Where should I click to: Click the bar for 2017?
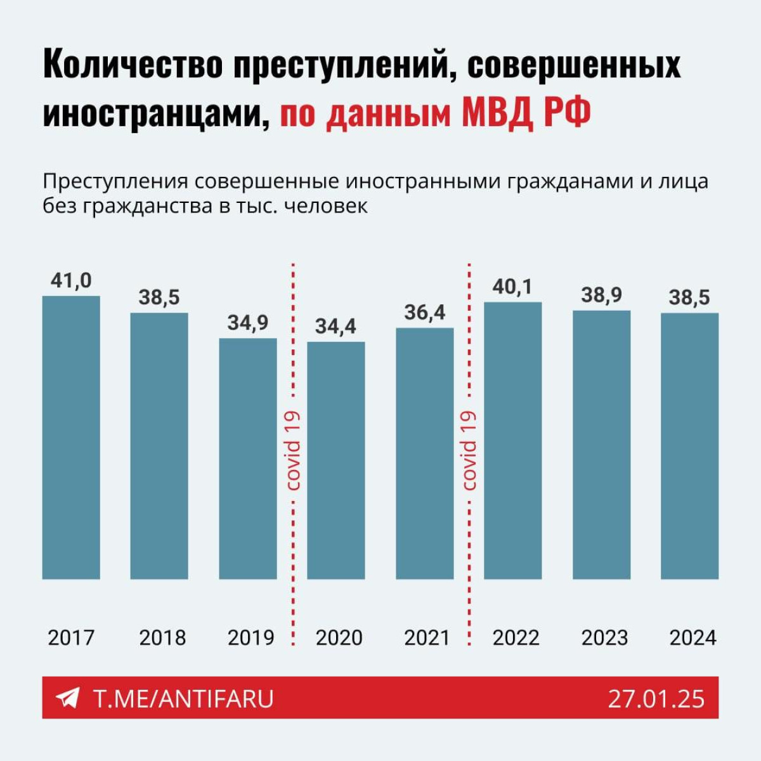[x=71, y=438]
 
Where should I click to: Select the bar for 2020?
[x=336, y=460]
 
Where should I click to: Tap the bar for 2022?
[x=513, y=441]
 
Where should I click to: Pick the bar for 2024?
[x=689, y=446]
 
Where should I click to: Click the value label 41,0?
[x=71, y=280]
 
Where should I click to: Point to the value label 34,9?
[x=248, y=323]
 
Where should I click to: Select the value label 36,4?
[x=424, y=313]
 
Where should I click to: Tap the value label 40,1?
[x=512, y=287]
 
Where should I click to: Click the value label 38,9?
[x=601, y=295]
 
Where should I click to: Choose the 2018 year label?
[x=162, y=637]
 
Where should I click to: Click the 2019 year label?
[x=250, y=637]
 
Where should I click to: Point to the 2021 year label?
[x=427, y=637]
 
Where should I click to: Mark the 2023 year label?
[x=604, y=637]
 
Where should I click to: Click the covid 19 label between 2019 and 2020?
[x=293, y=450]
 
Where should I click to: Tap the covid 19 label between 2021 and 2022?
[x=469, y=450]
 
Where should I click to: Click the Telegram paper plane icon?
[x=67, y=698]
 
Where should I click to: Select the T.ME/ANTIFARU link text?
[x=184, y=699]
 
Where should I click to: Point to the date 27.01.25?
[x=656, y=699]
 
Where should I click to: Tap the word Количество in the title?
[x=133, y=65]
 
